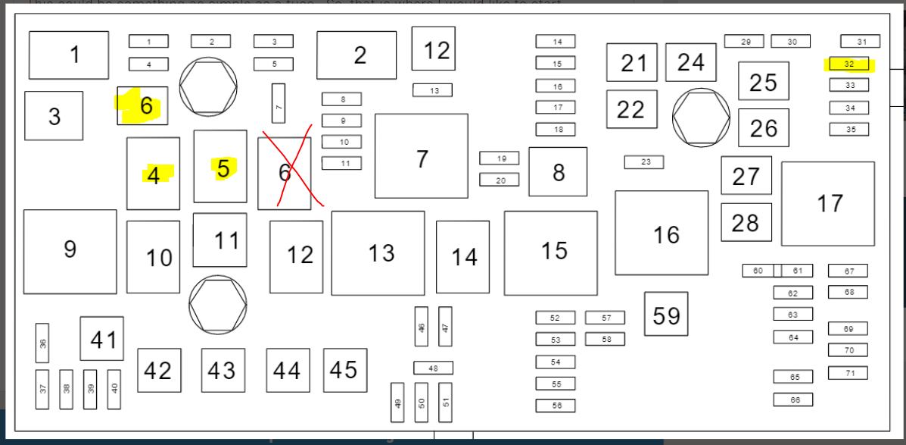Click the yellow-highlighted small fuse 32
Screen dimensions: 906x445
point(849,64)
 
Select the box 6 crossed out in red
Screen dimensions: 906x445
point(285,174)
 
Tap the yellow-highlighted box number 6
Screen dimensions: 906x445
point(143,106)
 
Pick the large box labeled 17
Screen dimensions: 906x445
point(827,203)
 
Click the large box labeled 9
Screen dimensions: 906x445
point(70,251)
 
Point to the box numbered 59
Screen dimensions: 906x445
point(666,314)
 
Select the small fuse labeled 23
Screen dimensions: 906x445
point(644,162)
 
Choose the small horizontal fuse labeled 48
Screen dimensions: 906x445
point(433,368)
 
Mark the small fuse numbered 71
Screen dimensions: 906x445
point(848,373)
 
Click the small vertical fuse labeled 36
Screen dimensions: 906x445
point(42,343)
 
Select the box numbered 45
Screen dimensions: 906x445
point(345,370)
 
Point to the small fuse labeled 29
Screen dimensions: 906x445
point(744,42)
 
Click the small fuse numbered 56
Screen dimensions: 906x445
point(556,406)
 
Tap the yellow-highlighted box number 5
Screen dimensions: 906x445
point(220,167)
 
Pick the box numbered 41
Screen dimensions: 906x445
point(102,339)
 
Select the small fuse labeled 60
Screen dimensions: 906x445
point(758,271)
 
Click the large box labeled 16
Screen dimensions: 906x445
point(662,233)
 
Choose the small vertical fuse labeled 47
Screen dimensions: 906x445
point(445,327)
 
